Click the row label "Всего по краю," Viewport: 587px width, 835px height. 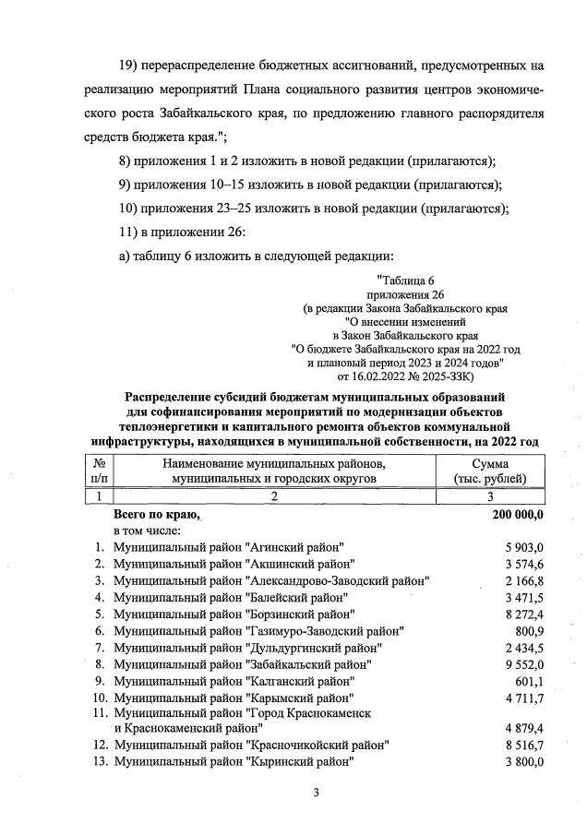point(156,515)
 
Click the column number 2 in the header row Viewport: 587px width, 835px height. point(273,496)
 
